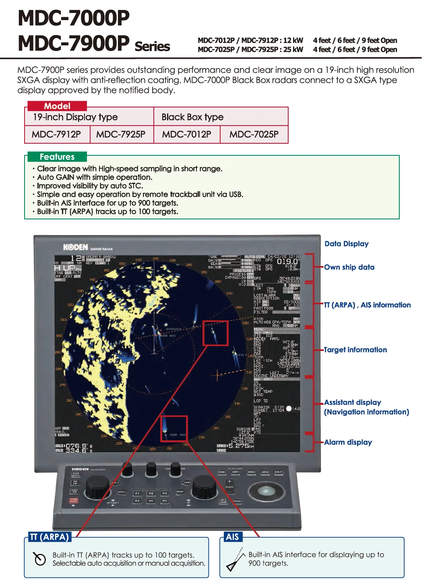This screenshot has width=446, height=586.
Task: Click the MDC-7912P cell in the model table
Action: [x=56, y=134]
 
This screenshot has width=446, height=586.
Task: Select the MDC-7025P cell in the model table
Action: [x=254, y=134]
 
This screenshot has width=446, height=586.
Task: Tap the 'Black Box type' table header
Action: [x=192, y=117]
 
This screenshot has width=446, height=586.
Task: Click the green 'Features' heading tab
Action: [x=57, y=157]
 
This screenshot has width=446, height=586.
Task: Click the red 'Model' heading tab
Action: [x=57, y=106]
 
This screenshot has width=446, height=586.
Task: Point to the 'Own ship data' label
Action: [x=349, y=267]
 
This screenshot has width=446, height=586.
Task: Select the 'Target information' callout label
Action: [x=355, y=350]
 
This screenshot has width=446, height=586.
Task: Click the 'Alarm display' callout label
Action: [x=348, y=442]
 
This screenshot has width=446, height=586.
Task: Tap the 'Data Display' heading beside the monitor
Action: [x=346, y=243]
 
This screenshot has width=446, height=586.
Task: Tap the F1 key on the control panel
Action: [x=137, y=493]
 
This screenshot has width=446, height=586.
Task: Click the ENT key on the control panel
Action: [x=278, y=472]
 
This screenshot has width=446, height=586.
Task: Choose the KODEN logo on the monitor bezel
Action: [x=75, y=247]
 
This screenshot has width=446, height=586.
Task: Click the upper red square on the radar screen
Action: [x=215, y=333]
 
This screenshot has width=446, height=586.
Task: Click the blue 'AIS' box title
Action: [x=232, y=537]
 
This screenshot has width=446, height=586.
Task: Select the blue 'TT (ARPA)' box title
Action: [x=50, y=537]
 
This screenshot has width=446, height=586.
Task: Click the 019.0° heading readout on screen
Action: [x=288, y=262]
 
